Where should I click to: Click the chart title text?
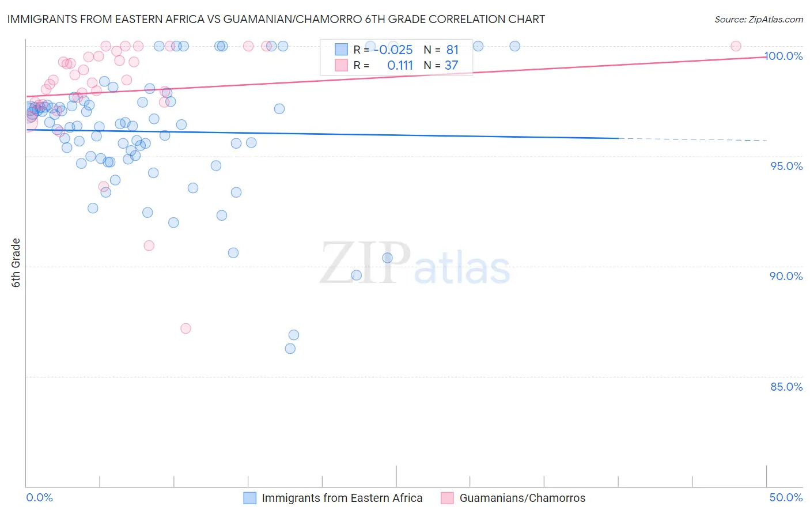[276, 19]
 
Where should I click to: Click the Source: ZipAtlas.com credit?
[758, 20]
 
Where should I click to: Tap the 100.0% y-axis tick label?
[783, 56]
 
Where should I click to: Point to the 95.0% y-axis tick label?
[786, 166]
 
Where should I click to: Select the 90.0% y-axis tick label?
[786, 276]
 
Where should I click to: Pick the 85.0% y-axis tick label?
[786, 387]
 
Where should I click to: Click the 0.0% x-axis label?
[39, 497]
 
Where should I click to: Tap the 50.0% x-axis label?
[786, 497]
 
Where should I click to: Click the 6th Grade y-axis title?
[16, 263]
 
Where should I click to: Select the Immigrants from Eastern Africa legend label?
[342, 498]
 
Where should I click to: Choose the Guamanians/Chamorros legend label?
[522, 498]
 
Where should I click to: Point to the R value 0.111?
[400, 66]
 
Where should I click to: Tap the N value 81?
[452, 50]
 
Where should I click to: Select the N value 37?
[451, 66]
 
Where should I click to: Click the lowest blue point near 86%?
[290, 349]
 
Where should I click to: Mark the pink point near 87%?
[186, 328]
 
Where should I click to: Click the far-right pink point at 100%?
[736, 46]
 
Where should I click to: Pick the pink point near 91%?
[149, 245]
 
